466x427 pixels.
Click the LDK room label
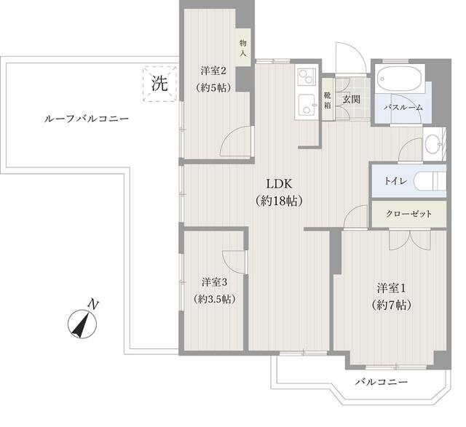(x=279, y=183)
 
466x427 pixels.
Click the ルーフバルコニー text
(x=76, y=118)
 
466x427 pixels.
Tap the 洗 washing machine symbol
(x=159, y=83)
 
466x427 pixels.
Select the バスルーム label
(x=403, y=108)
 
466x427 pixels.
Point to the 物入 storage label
(x=243, y=49)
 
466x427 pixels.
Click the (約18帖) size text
(x=279, y=201)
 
